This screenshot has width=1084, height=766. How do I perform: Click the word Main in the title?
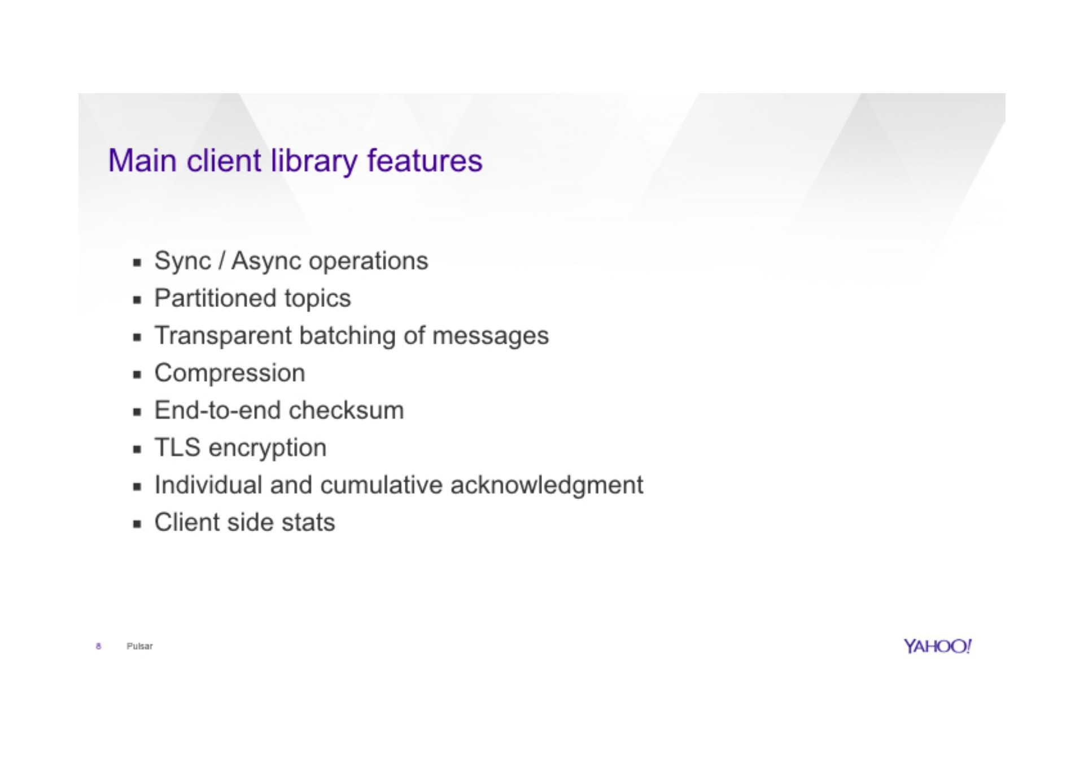coord(142,160)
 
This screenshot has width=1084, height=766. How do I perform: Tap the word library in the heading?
coord(314,161)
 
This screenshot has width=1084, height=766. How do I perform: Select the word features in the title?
coord(425,160)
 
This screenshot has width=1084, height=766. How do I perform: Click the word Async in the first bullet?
coord(266,261)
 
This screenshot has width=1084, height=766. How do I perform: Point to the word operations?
coord(369,261)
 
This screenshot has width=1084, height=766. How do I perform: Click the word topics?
coord(317,299)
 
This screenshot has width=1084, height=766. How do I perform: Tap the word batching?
coord(347,336)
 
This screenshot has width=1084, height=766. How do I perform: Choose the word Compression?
coord(230,373)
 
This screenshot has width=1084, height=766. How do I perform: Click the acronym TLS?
coord(177,448)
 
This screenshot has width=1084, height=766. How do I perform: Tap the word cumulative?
coord(381,485)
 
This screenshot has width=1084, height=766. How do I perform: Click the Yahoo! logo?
coord(937,646)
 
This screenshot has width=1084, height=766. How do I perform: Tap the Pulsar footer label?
coord(139,646)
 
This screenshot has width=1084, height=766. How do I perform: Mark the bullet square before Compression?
coord(137,374)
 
